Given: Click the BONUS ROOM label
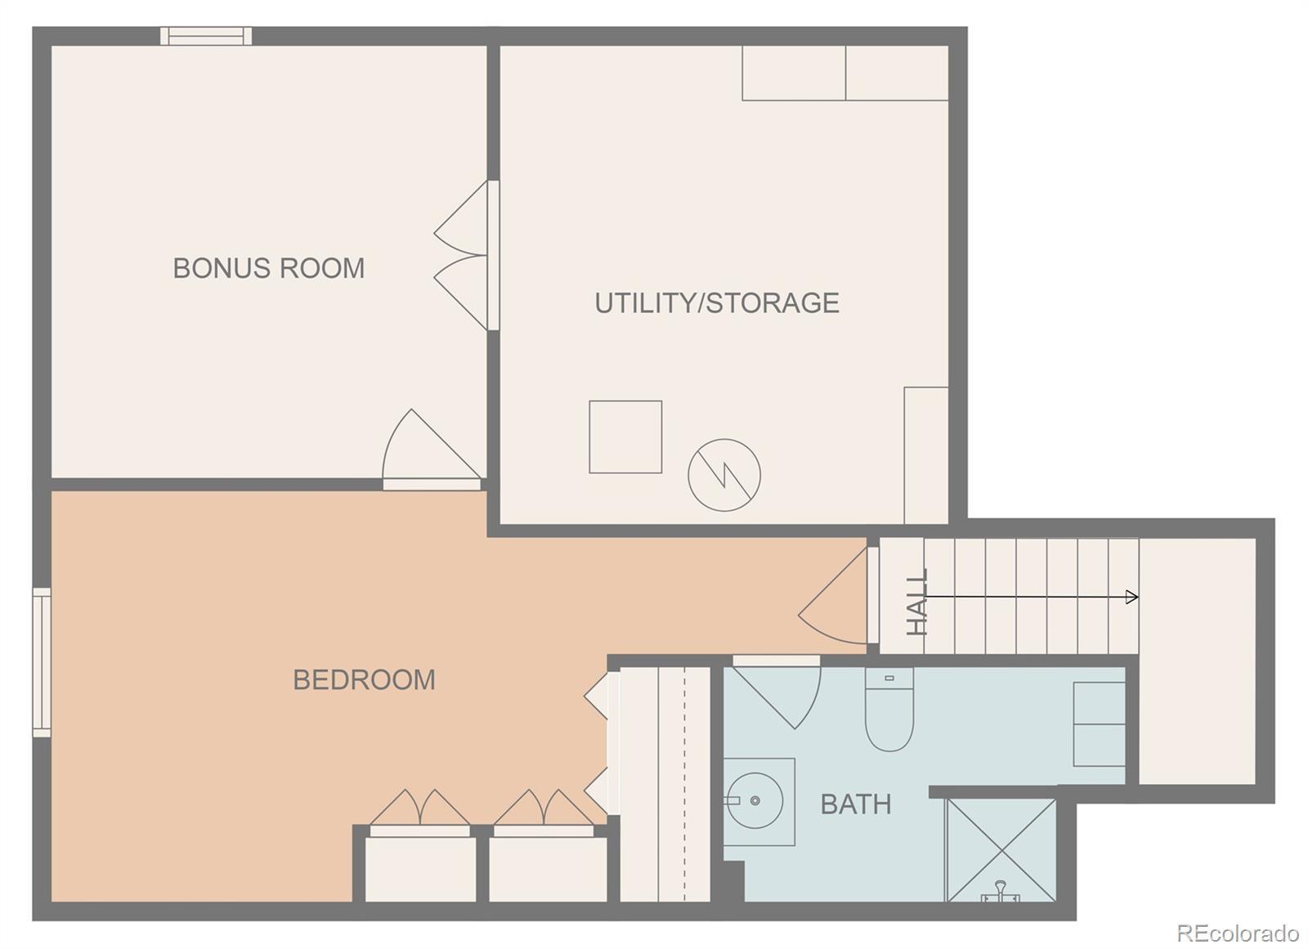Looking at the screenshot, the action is (x=269, y=268).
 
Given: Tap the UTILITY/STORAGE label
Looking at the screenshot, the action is (x=717, y=302).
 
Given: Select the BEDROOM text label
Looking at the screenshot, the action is (x=365, y=679).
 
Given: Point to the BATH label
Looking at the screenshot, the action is (x=856, y=804).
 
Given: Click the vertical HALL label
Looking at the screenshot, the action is (x=916, y=602).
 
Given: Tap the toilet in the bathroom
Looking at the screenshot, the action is (x=889, y=709).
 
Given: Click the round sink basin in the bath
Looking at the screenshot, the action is (x=755, y=801).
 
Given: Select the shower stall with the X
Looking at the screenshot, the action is (x=1001, y=850).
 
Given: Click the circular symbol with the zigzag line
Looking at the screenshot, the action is (x=724, y=476).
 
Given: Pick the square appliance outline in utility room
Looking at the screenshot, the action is (x=625, y=436).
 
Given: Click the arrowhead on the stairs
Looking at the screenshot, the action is (x=1131, y=597).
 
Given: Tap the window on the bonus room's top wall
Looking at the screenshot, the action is (x=206, y=36).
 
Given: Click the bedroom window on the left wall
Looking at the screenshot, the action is (x=42, y=662).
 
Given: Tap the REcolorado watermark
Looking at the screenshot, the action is (x=1238, y=933).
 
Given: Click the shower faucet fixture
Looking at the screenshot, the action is (x=1001, y=891).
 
